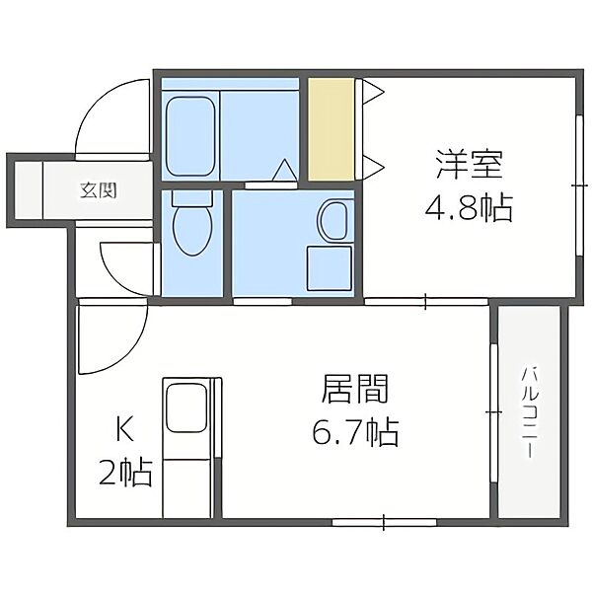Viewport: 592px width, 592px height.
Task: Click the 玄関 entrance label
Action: [98, 190]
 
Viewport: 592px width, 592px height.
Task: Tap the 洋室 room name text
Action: [469, 165]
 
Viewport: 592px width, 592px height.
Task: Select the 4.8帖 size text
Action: [469, 208]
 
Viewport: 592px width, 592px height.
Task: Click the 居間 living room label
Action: [355, 389]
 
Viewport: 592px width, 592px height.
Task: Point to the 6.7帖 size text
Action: [355, 432]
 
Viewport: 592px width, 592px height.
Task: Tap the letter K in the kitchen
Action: [125, 430]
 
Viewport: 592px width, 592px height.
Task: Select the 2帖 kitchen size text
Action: [125, 473]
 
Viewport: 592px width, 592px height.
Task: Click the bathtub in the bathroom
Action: [190, 136]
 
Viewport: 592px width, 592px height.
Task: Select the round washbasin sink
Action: [334, 220]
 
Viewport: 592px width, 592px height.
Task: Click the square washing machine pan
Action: [330, 268]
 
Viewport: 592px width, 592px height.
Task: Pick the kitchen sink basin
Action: [186, 407]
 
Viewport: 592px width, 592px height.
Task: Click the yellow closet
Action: [331, 129]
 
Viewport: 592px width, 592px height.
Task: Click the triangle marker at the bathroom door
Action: [285, 170]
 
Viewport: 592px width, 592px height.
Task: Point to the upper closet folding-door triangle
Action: [372, 91]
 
